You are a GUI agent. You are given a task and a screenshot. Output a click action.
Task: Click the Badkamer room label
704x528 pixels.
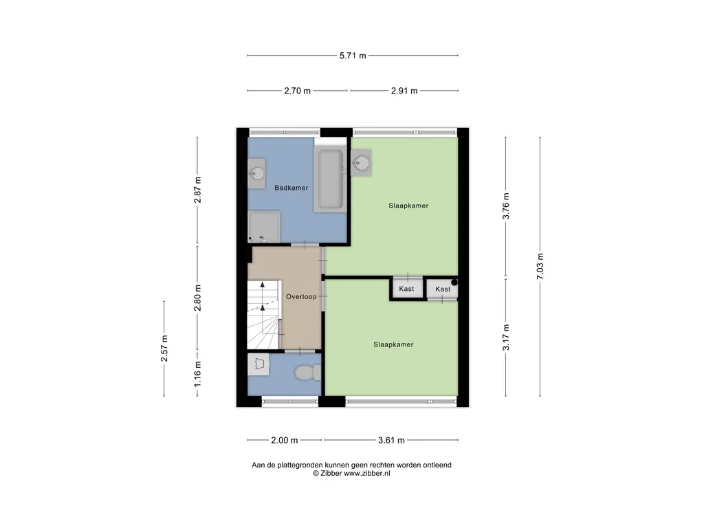(291, 188)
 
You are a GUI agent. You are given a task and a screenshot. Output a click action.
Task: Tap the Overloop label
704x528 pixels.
(301, 296)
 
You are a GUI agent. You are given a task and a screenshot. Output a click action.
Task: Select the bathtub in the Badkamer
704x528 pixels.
(331, 179)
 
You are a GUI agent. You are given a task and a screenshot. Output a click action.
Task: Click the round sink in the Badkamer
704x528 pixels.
(257, 173)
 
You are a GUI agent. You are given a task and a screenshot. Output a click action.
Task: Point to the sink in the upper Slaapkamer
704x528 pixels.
(362, 162)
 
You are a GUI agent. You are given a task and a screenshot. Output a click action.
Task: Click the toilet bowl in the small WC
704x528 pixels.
(307, 373)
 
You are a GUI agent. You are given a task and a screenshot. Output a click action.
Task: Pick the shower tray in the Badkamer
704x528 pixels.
(264, 227)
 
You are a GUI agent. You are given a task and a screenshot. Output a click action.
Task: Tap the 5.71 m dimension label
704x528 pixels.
(353, 56)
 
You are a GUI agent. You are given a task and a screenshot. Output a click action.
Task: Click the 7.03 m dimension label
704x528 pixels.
(540, 266)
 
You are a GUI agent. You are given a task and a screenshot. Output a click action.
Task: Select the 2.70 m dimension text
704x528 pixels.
(297, 91)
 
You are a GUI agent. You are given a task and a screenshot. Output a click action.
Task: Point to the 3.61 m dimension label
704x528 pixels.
(391, 440)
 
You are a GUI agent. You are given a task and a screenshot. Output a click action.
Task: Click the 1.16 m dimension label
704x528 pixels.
(197, 374)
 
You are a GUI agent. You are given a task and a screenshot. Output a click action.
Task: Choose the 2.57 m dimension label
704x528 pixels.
(164, 349)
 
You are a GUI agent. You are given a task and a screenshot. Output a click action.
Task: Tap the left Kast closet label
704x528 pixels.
(406, 289)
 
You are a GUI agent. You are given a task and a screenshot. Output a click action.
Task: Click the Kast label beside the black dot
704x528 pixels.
(443, 289)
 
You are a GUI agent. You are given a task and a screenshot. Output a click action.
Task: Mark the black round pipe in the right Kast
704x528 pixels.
(454, 283)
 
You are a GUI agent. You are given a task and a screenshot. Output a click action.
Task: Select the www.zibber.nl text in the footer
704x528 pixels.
(367, 473)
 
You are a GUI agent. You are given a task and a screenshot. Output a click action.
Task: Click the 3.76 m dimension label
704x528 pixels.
(506, 206)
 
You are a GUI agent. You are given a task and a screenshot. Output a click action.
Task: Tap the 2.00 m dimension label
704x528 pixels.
(285, 440)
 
